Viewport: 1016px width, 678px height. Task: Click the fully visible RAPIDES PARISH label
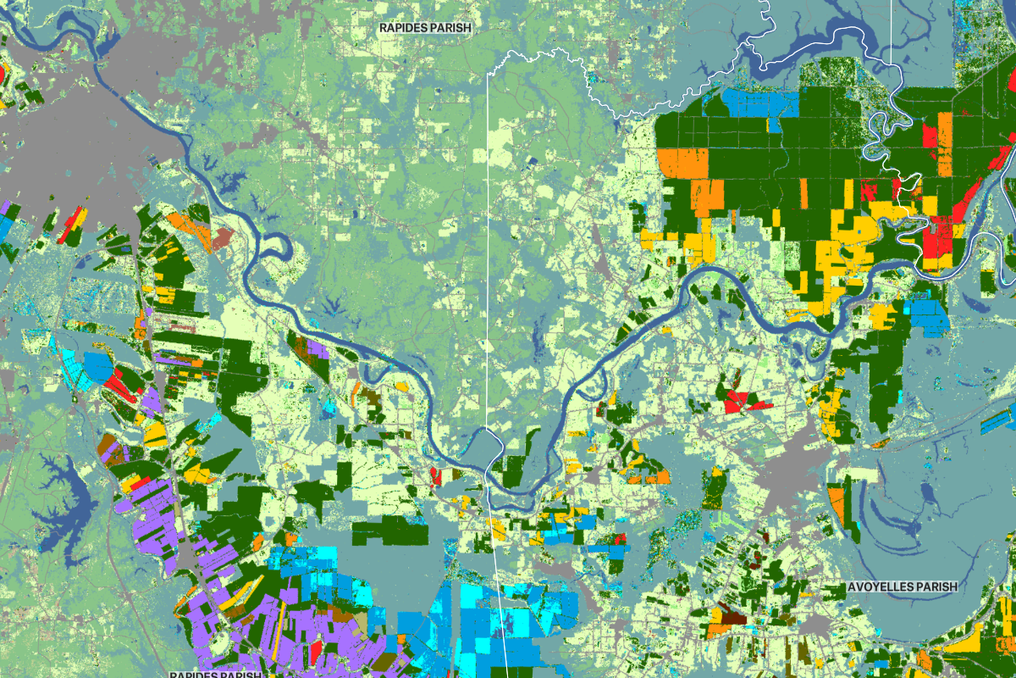(x=424, y=27)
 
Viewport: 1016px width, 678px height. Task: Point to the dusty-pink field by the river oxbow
(x=222, y=238)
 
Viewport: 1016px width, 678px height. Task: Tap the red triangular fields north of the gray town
(x=745, y=402)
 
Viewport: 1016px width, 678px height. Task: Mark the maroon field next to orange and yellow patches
(x=731, y=614)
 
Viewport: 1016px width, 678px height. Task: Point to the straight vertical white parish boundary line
(x=489, y=254)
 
